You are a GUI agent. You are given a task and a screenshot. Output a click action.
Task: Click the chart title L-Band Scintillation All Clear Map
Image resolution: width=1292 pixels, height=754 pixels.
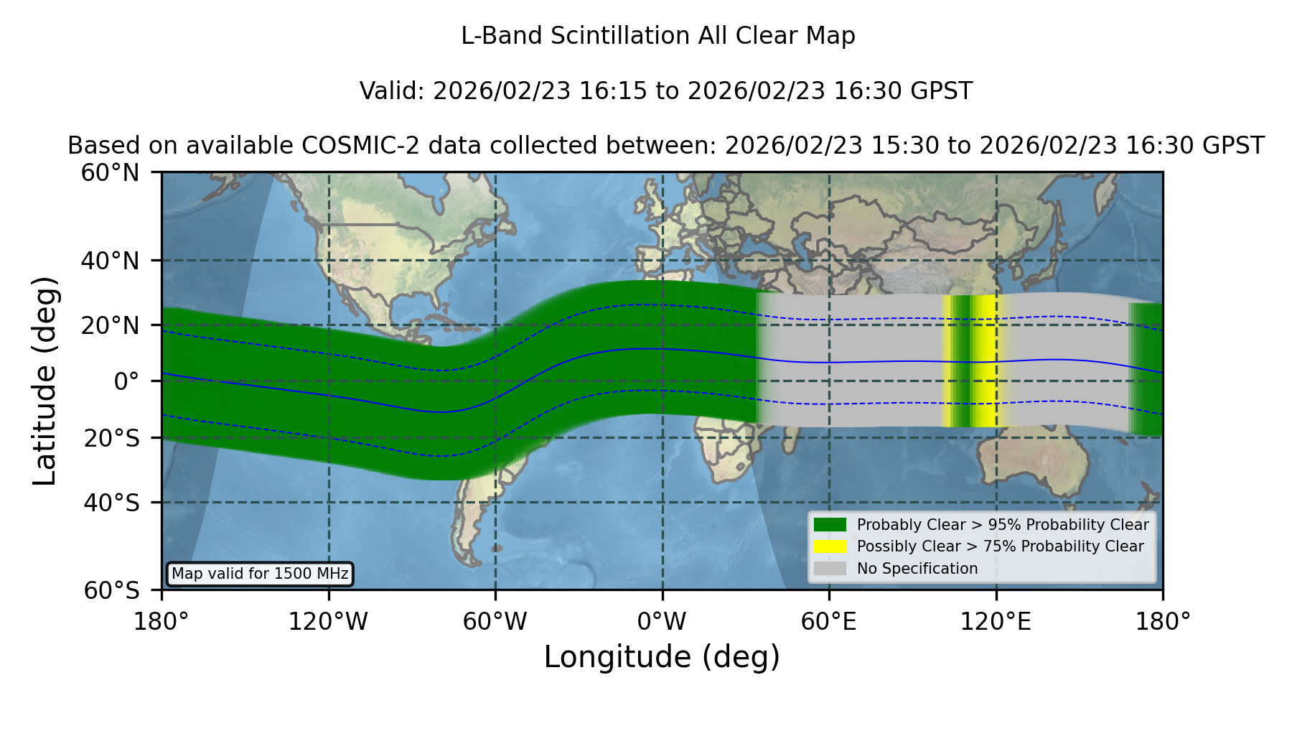point(658,36)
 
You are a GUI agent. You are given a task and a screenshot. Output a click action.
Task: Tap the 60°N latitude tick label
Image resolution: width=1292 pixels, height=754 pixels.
point(111,173)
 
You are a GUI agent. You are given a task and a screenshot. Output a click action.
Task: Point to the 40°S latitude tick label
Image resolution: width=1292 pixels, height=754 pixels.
point(111,503)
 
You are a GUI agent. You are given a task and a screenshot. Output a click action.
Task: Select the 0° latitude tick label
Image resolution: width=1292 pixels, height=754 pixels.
point(126,381)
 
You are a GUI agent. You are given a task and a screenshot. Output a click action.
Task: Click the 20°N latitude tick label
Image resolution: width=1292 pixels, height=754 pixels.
point(111,325)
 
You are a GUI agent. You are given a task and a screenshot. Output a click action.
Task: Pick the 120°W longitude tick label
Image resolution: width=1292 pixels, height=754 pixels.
point(328,622)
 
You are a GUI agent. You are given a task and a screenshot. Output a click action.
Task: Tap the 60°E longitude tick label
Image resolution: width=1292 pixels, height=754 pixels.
point(829,622)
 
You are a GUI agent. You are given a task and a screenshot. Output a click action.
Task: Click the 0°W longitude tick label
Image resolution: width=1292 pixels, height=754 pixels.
point(662,622)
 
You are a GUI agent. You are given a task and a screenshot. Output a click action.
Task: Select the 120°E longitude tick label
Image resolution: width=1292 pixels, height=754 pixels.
point(996,622)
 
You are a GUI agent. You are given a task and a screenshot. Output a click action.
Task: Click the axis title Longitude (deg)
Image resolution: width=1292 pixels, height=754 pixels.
point(662,657)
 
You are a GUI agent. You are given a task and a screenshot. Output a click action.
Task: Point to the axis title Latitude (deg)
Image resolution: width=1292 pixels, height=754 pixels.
point(45,381)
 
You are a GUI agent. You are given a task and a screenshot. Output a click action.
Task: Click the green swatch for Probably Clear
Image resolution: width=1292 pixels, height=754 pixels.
point(830,525)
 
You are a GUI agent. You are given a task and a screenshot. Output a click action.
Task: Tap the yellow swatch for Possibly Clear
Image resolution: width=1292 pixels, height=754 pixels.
point(830,546)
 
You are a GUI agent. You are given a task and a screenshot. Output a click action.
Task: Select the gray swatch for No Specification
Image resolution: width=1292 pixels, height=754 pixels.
point(830,569)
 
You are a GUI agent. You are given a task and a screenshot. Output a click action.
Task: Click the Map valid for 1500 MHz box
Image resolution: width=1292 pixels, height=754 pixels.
point(260,574)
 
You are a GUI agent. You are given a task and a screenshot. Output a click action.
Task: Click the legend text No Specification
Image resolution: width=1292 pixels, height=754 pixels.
point(917,569)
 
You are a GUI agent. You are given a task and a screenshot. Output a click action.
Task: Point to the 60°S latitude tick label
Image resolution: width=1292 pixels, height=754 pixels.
point(111,590)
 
